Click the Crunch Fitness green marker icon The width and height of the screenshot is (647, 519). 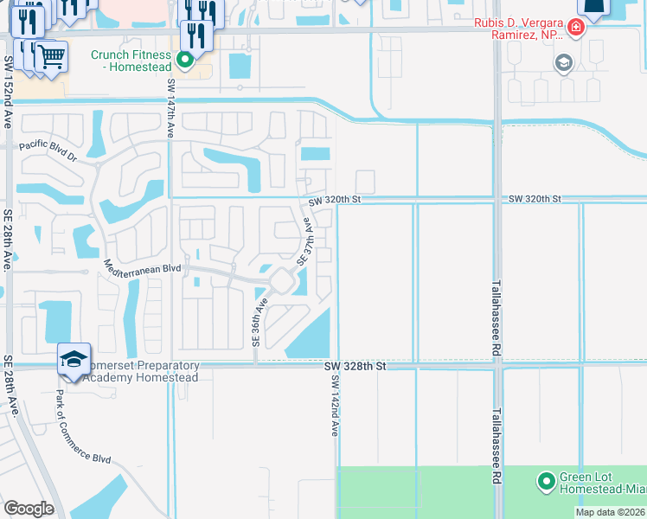[184, 60]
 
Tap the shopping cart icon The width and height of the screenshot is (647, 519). [51, 57]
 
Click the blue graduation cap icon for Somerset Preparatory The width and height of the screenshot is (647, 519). [74, 358]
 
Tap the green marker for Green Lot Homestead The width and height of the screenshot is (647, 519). [546, 480]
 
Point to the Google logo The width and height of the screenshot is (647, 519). [29, 509]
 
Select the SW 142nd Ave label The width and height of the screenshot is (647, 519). [334, 405]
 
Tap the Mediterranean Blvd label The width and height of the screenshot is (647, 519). [142, 268]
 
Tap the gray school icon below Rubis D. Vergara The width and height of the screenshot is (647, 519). [564, 62]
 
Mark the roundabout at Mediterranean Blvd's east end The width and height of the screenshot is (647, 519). [282, 281]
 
